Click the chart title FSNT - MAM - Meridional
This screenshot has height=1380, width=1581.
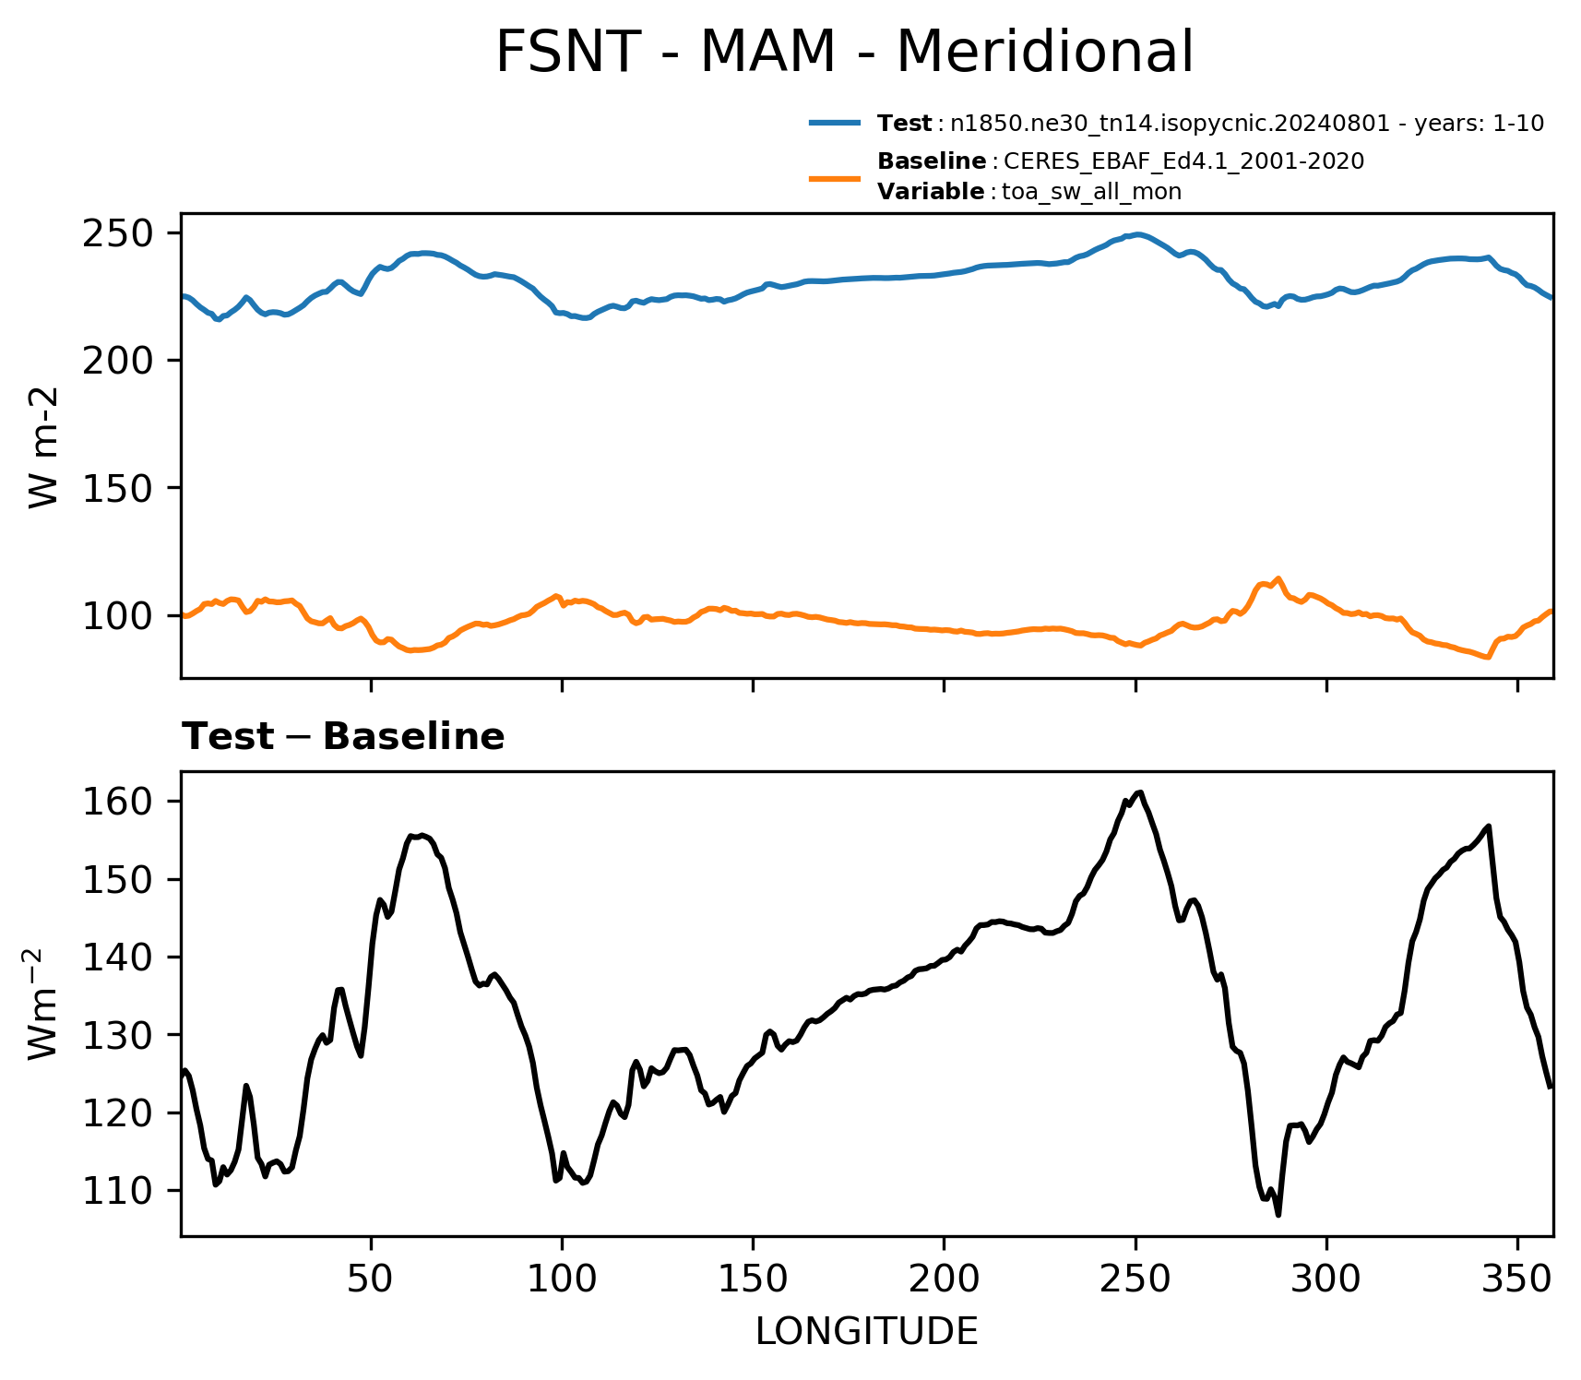844,52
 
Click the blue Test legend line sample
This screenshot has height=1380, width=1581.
836,123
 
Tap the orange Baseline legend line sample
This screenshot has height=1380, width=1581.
836,177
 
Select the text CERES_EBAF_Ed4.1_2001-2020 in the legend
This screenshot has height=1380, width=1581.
1183,161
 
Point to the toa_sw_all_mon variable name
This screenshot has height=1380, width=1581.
1091,192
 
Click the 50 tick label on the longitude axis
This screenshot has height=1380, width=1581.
371,1279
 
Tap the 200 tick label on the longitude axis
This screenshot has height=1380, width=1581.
944,1279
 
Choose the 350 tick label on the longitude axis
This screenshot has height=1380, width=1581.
1517,1279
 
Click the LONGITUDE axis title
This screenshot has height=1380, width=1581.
867,1332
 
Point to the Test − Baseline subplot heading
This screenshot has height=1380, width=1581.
343,737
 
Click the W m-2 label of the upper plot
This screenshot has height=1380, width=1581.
43,446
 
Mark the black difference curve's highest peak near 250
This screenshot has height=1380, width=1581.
1141,792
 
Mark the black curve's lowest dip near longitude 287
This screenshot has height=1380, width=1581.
1278,1215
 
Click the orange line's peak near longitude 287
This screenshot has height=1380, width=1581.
1278,578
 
